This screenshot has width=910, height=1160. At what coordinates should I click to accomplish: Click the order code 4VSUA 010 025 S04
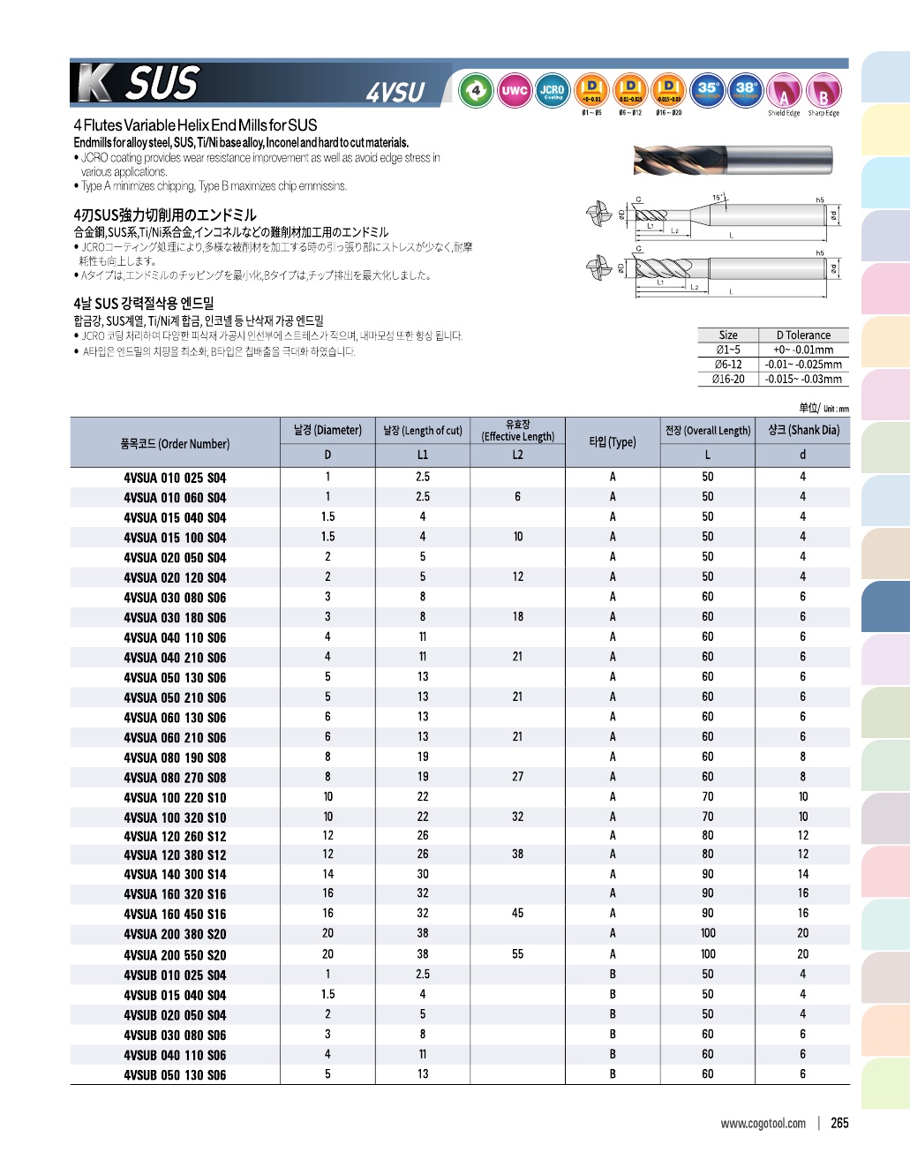(x=175, y=478)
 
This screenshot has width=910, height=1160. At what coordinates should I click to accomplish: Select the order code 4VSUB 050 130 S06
(x=175, y=1075)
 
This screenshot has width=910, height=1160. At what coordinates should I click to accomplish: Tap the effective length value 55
(x=517, y=954)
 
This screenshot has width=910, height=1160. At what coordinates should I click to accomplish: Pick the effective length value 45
(x=517, y=914)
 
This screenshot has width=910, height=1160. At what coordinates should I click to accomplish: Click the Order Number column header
(x=175, y=443)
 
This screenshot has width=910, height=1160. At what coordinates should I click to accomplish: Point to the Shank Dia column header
(x=802, y=430)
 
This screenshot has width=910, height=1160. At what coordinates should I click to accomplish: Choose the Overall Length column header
(x=707, y=430)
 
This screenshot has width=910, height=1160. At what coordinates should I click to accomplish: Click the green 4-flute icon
(x=477, y=90)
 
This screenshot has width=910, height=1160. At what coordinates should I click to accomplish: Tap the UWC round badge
(x=515, y=90)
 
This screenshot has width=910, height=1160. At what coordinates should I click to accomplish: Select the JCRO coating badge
(x=553, y=90)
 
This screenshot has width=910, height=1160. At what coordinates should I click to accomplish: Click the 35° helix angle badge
(x=708, y=90)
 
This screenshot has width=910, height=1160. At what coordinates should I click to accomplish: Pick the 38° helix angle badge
(x=746, y=90)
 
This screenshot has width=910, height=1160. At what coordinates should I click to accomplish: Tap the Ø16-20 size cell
(x=728, y=379)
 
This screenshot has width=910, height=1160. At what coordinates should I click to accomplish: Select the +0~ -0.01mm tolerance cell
(x=803, y=350)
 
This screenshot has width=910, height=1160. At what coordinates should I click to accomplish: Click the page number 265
(x=839, y=1123)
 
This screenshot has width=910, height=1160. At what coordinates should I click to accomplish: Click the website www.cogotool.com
(x=763, y=1124)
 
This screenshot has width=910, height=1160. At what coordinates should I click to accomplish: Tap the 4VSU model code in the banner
(x=395, y=92)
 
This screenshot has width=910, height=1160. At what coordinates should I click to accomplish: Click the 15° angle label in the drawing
(x=718, y=198)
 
